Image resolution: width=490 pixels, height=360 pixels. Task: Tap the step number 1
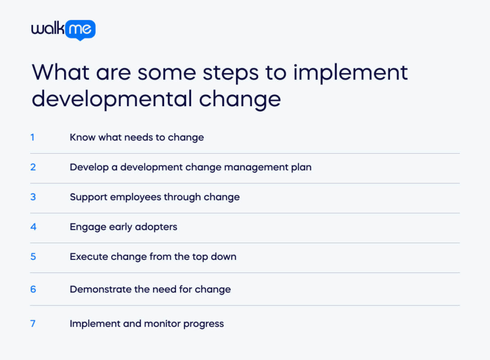33,137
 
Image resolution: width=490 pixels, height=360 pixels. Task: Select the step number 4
33,226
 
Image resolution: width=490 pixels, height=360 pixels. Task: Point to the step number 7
33,324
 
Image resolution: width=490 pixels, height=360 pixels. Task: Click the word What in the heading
60,72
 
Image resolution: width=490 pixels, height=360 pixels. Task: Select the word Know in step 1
82,137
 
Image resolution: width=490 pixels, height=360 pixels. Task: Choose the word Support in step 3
87,197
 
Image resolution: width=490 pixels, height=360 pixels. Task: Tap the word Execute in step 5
89,257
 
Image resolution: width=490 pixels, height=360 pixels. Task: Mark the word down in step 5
224,257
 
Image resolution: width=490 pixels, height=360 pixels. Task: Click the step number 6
33,289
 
